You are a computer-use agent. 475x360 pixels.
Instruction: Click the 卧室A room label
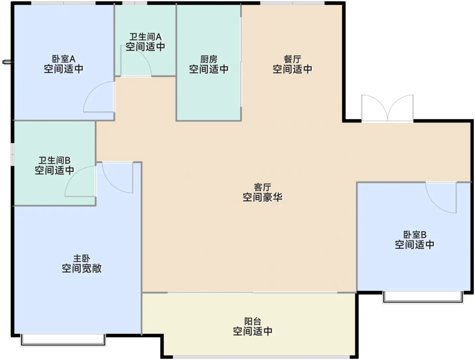point(64,59)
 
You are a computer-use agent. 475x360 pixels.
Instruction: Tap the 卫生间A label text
point(146,37)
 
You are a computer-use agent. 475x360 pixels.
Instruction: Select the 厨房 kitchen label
point(209,59)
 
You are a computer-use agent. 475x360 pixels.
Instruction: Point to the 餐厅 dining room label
point(292,59)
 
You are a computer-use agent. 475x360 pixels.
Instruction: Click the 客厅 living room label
point(263,187)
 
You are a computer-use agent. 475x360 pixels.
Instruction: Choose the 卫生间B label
point(55,161)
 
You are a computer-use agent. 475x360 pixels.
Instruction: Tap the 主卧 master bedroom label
point(81,258)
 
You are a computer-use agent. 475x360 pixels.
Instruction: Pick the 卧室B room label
point(415,235)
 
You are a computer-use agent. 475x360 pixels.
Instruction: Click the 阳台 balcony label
point(252,321)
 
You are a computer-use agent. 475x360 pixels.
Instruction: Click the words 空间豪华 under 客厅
point(263,197)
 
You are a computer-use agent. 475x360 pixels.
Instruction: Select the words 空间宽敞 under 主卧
point(81,268)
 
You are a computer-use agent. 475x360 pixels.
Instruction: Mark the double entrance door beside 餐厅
point(387,108)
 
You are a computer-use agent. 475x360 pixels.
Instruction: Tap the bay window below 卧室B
point(423,298)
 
